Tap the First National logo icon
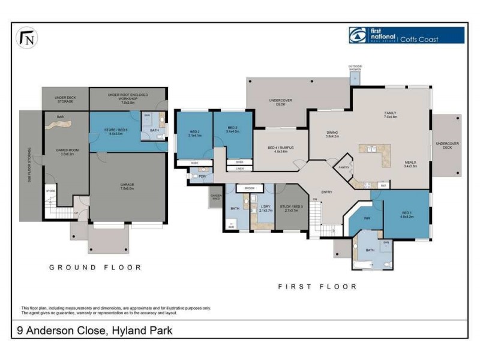tap(359, 35)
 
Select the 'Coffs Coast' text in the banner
tap(419, 40)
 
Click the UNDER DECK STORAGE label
tap(65, 100)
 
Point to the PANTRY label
tap(344, 167)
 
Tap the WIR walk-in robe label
tap(367, 218)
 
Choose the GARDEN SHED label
tap(216, 197)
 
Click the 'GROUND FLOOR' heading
tap(95, 268)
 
